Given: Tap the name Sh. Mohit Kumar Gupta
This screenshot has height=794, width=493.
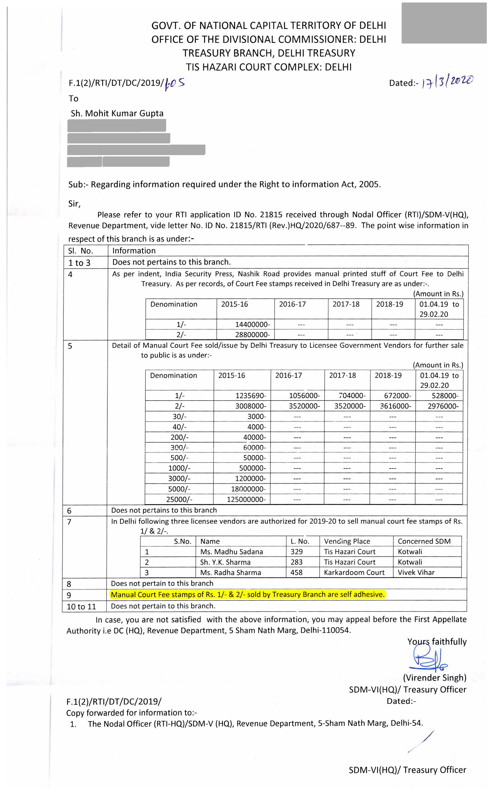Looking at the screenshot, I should [x=117, y=114].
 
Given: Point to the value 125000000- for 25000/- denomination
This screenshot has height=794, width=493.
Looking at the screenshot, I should [x=246, y=500].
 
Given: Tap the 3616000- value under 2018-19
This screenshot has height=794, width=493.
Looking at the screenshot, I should [x=395, y=406].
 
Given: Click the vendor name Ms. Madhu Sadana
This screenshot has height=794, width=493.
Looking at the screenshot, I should [x=231, y=552].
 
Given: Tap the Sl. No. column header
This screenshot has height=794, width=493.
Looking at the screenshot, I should [x=80, y=251].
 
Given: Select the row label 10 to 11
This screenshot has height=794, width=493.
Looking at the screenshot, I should [x=81, y=606].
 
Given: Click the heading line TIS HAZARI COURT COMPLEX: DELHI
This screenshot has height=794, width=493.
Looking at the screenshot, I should [x=269, y=67].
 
